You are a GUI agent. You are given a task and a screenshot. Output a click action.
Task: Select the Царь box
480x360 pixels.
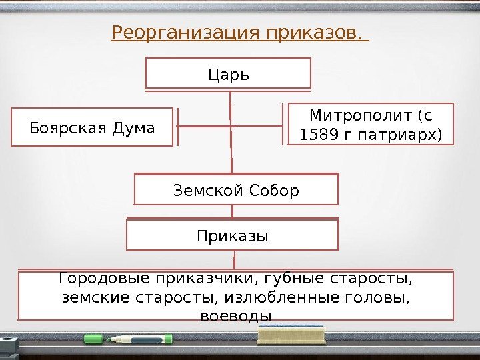pyautogui.click(x=229, y=73)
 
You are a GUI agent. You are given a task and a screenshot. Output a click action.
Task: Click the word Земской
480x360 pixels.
pyautogui.click(x=203, y=191)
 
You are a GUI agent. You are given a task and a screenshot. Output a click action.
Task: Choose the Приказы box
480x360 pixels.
pyautogui.click(x=233, y=235)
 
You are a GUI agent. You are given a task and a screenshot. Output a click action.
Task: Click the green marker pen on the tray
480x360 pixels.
pyautogui.click(x=127, y=339)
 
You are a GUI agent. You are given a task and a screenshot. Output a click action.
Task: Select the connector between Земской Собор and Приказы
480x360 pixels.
pyautogui.click(x=233, y=213)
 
